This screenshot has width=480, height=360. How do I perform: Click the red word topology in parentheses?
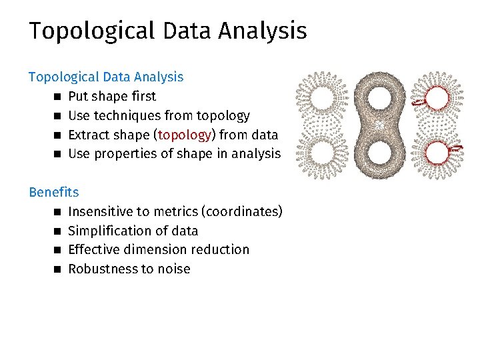click(x=184, y=135)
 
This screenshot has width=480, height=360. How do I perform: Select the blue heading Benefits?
click(x=53, y=192)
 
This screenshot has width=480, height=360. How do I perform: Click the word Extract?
click(x=90, y=135)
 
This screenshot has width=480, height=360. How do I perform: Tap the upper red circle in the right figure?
click(x=438, y=99)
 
